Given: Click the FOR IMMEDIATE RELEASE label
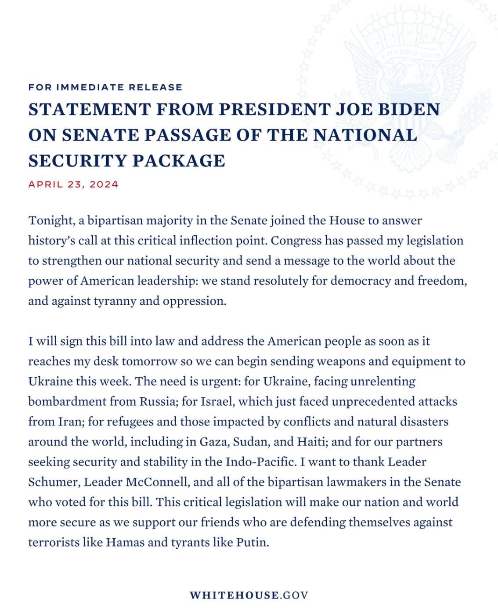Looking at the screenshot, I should tap(105, 87).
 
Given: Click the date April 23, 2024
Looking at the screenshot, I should tap(73, 184).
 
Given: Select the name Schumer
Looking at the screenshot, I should tap(53, 482).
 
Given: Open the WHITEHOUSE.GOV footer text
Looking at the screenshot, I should tap(249, 595).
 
